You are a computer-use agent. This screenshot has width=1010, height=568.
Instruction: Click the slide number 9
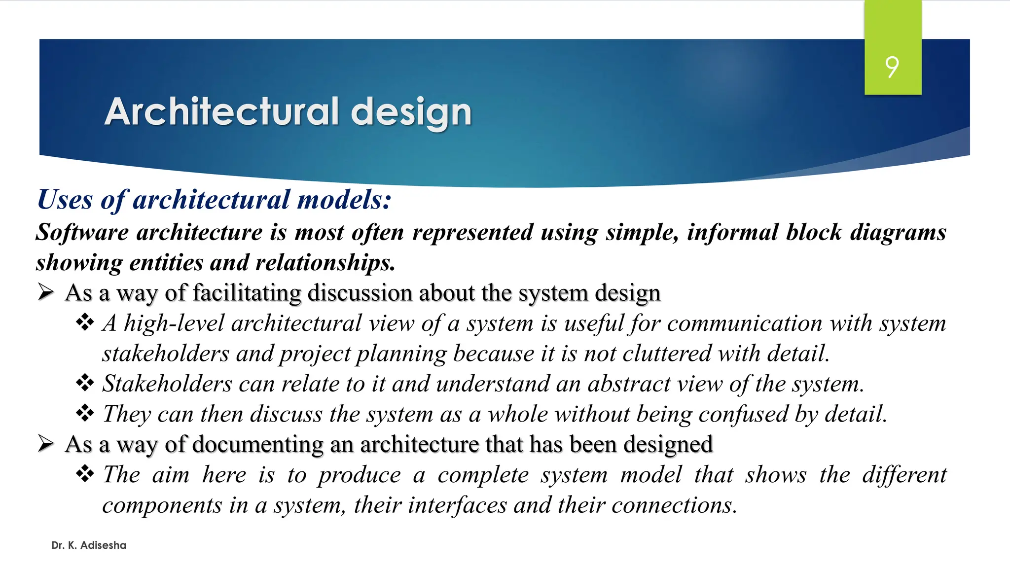[892, 67]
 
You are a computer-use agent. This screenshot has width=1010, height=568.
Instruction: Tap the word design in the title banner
[411, 112]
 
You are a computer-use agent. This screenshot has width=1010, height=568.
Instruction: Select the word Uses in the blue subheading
[65, 200]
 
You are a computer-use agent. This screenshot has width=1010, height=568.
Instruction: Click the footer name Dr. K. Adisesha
[89, 545]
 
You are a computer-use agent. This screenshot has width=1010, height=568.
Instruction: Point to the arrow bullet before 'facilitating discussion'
[46, 292]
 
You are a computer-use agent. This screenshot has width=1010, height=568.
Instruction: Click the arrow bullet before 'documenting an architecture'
[46, 444]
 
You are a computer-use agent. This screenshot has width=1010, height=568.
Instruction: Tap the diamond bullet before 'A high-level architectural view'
[85, 323]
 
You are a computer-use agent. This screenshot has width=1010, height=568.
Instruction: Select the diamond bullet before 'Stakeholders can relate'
[85, 383]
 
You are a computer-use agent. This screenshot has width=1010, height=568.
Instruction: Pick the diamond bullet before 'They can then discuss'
[85, 413]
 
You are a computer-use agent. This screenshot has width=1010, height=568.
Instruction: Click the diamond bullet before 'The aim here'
[85, 474]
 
